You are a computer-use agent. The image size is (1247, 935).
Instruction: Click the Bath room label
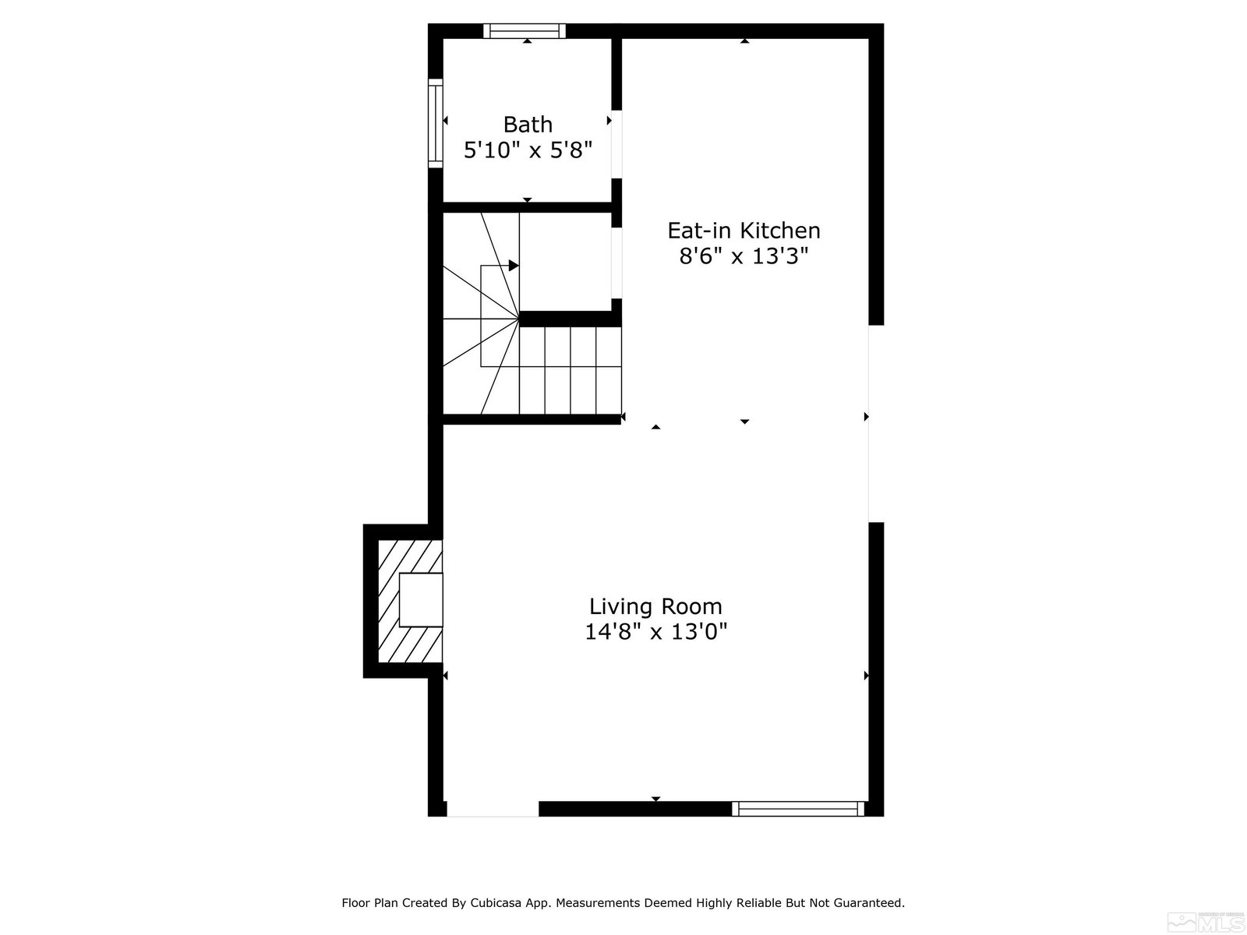tap(527, 125)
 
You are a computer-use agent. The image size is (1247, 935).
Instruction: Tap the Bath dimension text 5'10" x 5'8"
tap(528, 150)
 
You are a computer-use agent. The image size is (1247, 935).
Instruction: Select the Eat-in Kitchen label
tap(744, 231)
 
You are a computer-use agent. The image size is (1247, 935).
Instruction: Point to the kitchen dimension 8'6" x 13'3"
tap(744, 256)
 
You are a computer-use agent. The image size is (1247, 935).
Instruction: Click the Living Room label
tap(655, 606)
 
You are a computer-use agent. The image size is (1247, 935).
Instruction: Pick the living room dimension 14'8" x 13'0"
tap(655, 631)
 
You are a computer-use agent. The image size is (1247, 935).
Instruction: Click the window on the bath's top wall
tap(525, 30)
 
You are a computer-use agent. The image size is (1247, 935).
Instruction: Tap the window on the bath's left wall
tap(435, 123)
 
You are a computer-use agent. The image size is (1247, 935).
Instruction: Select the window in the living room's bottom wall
tap(797, 809)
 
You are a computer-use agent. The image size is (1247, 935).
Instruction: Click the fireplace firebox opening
tap(421, 599)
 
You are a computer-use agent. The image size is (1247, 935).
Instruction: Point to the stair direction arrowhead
tap(514, 265)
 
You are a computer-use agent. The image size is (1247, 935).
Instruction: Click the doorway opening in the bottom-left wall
tap(493, 809)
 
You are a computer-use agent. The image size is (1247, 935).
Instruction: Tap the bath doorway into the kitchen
tap(616, 144)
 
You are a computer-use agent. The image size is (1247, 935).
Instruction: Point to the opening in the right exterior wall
tap(876, 424)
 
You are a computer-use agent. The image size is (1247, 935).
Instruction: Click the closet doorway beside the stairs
tap(616, 263)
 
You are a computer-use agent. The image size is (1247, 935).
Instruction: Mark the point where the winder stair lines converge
tap(519, 319)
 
